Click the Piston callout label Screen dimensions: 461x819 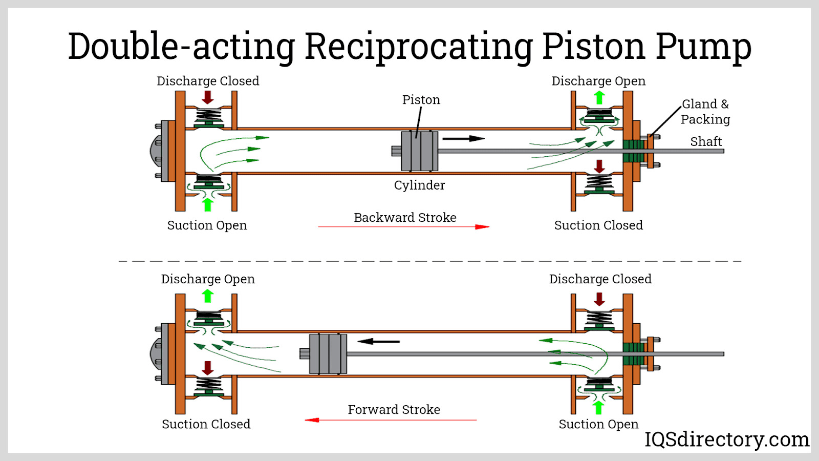point(421,100)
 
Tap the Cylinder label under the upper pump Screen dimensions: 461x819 point(419,185)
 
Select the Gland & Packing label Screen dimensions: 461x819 point(705,112)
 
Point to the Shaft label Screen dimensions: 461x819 point(706,141)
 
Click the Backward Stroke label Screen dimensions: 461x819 point(405,218)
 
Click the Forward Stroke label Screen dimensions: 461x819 point(394,410)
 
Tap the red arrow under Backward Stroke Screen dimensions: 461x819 point(404,226)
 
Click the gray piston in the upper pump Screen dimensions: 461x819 point(419,151)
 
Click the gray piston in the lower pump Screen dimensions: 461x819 point(328,354)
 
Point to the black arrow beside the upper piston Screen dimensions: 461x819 point(463,138)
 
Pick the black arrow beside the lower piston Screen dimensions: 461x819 point(378,341)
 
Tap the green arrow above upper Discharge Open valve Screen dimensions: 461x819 point(599,97)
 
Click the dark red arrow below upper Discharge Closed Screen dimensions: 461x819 point(208,97)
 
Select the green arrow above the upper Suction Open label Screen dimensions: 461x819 point(207,204)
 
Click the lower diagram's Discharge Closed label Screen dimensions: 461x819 point(600,279)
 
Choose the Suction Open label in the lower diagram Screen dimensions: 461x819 point(598,424)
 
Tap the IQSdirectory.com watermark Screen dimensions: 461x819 point(726,439)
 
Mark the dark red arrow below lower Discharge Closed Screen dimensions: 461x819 point(599,299)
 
